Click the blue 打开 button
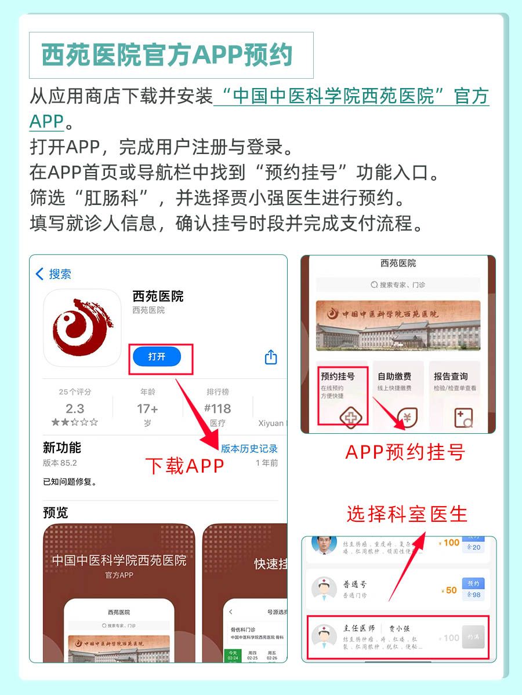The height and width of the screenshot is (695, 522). click(x=157, y=357)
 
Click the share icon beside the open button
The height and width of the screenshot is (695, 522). click(x=271, y=357)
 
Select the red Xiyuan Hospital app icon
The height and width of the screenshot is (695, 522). click(x=82, y=328)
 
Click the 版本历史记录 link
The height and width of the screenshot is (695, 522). click(x=249, y=448)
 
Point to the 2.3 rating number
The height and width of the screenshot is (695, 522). click(x=75, y=408)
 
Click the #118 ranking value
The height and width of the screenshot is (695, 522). click(x=217, y=408)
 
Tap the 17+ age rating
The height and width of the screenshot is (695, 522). click(x=147, y=408)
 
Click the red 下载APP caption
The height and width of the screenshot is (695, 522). click(x=184, y=466)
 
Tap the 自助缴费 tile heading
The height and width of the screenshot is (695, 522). click(x=394, y=376)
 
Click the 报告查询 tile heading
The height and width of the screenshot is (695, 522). click(x=451, y=376)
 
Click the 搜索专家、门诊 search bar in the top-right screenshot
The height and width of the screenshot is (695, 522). click(x=398, y=285)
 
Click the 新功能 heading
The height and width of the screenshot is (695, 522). click(x=62, y=448)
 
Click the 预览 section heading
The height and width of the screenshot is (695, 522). click(x=56, y=513)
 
